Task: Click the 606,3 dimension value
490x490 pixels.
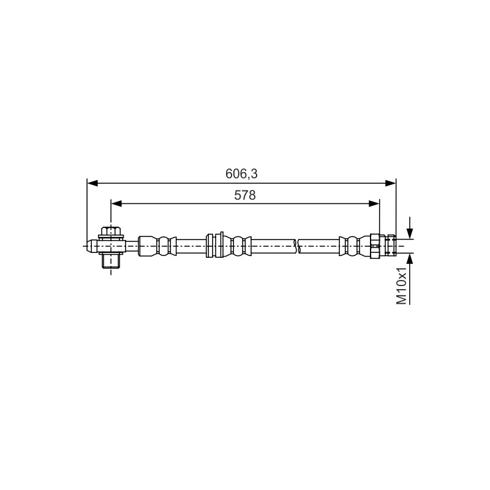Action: pos(241,174)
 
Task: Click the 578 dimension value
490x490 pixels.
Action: pos(245,195)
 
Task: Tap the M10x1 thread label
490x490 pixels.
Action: pos(402,285)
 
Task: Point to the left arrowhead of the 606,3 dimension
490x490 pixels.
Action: pos(92,183)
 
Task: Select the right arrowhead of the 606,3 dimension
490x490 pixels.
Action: pos(390,183)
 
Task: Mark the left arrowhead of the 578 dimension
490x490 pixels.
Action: pos(116,204)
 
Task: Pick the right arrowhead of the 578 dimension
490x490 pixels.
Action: pos(374,204)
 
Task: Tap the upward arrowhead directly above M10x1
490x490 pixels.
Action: pos(410,258)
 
